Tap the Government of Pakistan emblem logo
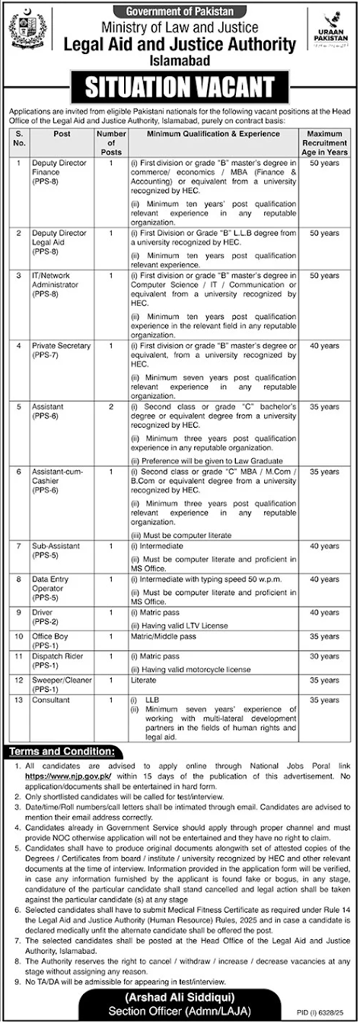click(x=27, y=31)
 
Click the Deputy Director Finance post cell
click(x=59, y=173)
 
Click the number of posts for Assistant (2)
click(x=110, y=408)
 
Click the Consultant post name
click(x=50, y=697)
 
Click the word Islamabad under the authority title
click(x=180, y=59)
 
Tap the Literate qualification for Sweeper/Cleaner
click(x=141, y=678)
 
